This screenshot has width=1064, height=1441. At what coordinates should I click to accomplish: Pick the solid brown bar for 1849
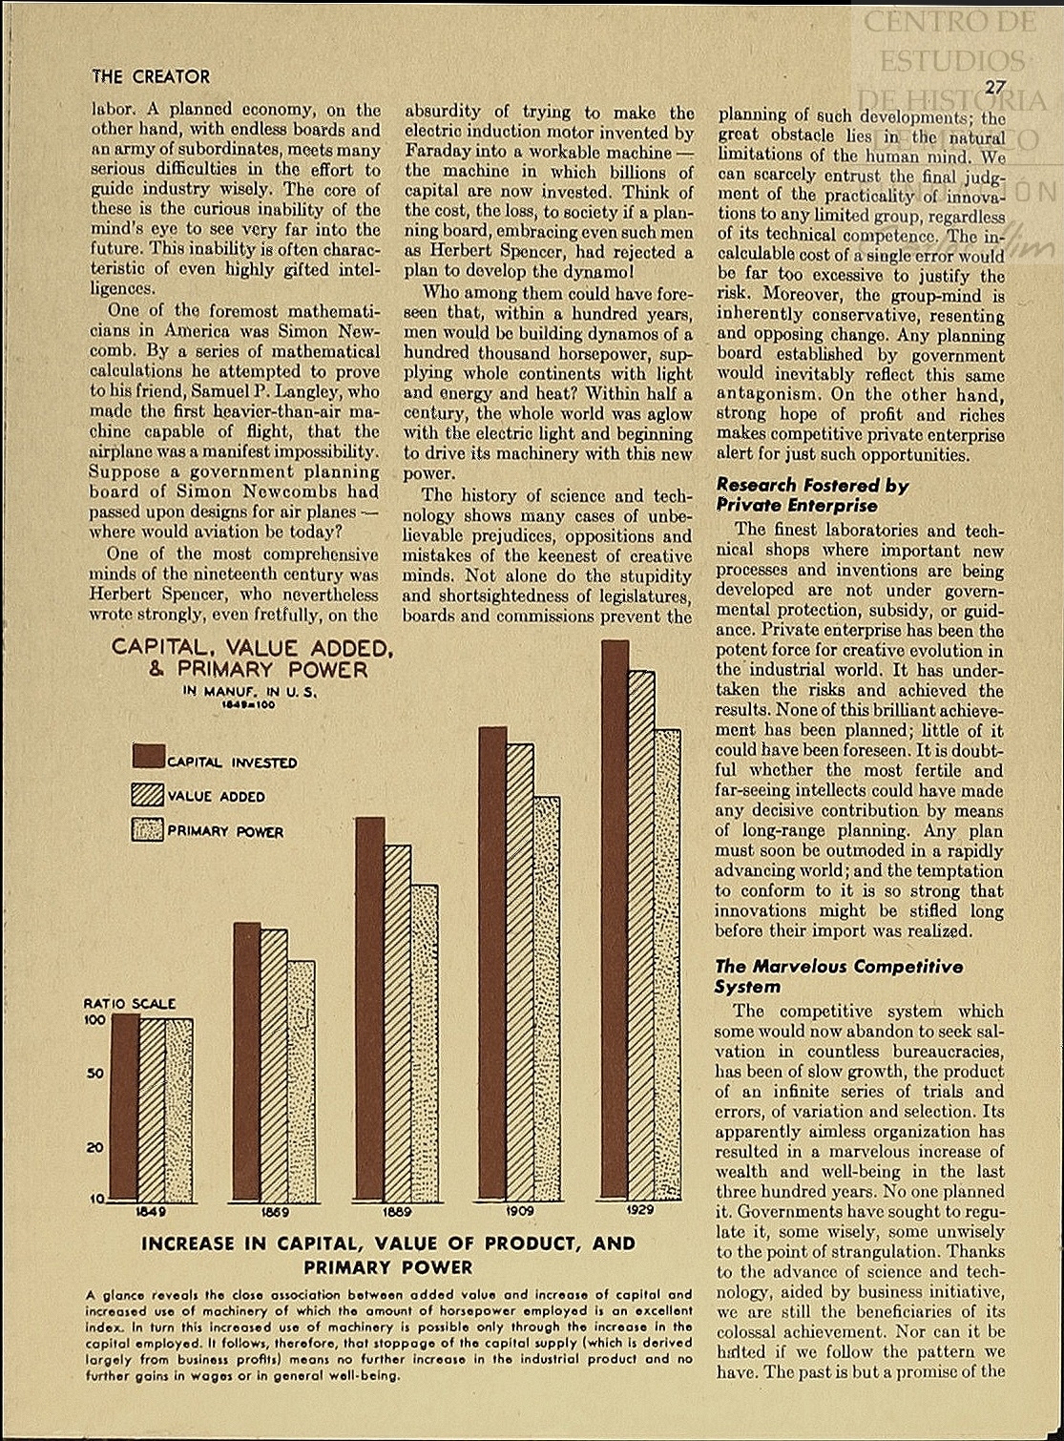tap(125, 1107)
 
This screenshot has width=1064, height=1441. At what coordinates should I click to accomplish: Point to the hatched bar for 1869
tap(274, 1064)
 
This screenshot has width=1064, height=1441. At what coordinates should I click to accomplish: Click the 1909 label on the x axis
tap(520, 1210)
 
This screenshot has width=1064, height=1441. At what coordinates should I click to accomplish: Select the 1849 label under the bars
tap(151, 1212)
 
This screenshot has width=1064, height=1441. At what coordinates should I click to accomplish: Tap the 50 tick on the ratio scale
tap(94, 1074)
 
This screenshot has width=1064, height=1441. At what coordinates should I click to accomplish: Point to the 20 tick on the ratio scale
tap(94, 1147)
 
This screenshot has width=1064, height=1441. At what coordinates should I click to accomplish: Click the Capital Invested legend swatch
tap(149, 757)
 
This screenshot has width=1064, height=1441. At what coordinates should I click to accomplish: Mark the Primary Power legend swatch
tap(149, 830)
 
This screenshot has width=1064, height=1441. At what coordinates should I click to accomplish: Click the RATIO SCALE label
tap(130, 1004)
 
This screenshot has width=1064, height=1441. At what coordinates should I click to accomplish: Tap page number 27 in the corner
tap(995, 87)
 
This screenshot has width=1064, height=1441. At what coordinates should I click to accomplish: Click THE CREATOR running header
tap(151, 76)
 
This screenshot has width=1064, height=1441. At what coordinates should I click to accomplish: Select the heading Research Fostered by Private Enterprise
tap(812, 495)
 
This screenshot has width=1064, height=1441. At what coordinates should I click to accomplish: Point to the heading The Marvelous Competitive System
tap(838, 976)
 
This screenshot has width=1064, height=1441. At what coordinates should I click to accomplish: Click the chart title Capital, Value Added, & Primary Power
tap(252, 658)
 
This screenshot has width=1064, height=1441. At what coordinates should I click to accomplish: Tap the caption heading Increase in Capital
tap(387, 1255)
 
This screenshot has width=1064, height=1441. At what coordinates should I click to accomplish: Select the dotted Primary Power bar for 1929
tap(668, 964)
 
